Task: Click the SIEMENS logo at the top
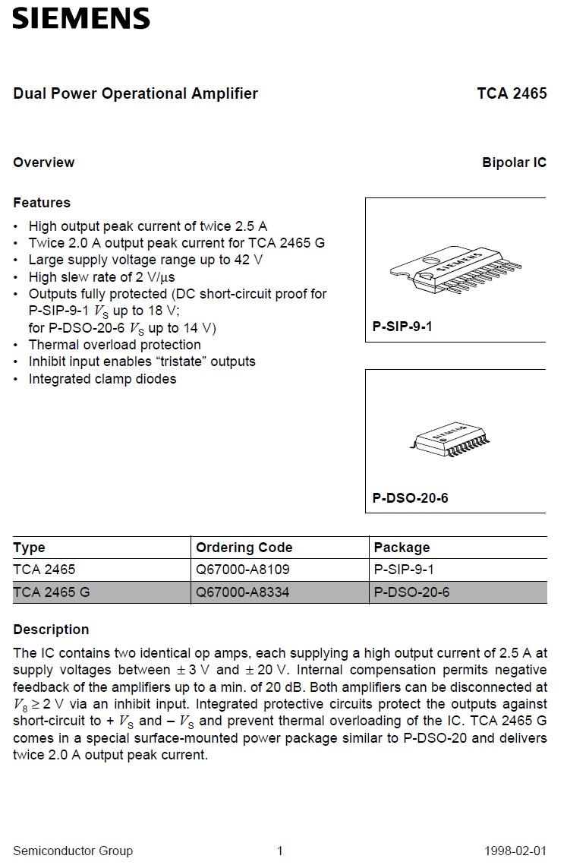pos(81,18)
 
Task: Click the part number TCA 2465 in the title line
pos(512,93)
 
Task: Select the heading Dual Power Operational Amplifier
pos(135,93)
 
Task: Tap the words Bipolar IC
pos(514,163)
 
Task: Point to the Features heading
pos(42,203)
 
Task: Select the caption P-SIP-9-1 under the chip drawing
pos(402,327)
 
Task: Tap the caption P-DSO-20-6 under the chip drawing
pos(410,498)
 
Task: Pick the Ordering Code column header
pos(244,548)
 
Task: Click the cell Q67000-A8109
pos(243,570)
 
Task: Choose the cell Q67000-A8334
pos(243,592)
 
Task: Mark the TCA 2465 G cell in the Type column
pos(52,592)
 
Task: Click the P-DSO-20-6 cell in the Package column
pos(411,592)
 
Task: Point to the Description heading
pos(51,630)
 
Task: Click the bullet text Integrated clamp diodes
pos(102,379)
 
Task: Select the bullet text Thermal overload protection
pos(115,345)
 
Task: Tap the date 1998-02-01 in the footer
pos(515,851)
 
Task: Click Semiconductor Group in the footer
pos(73,851)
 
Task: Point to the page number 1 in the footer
pos(279,851)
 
